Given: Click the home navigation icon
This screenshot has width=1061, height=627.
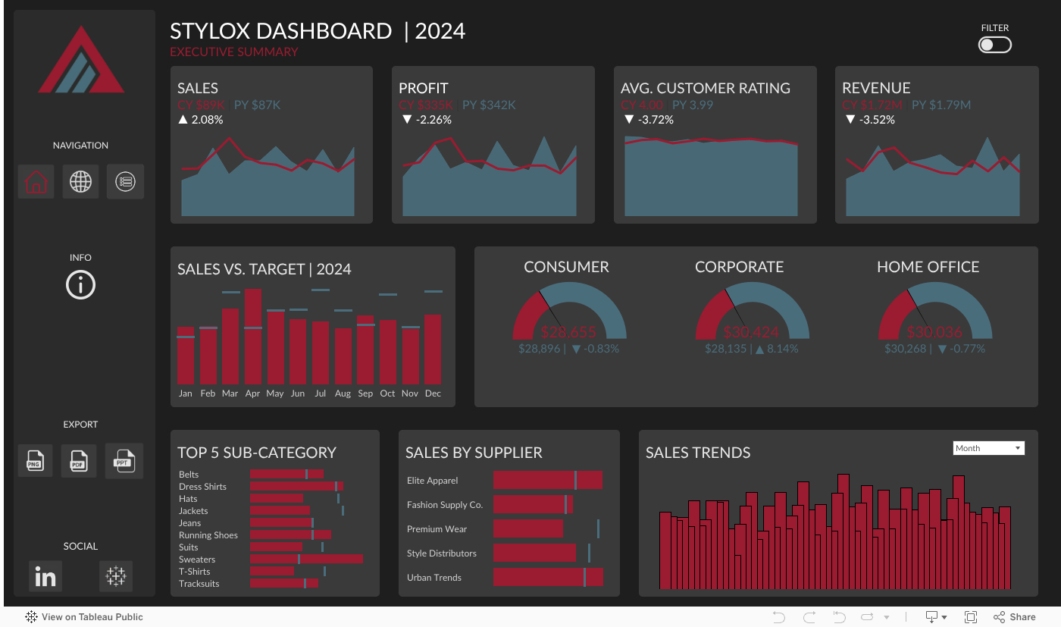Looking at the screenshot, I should tap(36, 182).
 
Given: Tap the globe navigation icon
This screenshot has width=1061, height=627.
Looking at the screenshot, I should tap(80, 182).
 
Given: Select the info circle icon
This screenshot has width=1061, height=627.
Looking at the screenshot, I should tap(80, 285).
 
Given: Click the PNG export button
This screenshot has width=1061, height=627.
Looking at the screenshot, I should tap(35, 461).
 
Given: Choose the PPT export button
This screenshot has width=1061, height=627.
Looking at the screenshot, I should tap(124, 460).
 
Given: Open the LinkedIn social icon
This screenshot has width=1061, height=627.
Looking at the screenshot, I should tap(45, 577).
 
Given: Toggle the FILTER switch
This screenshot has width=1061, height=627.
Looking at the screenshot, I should tap(994, 45).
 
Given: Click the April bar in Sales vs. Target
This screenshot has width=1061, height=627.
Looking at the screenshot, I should tap(253, 337).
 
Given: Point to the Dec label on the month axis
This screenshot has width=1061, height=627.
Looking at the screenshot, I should tap(433, 393).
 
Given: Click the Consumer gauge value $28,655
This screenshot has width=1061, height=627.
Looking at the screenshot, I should tap(568, 332).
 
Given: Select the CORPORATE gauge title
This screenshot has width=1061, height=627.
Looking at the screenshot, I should tap(739, 267).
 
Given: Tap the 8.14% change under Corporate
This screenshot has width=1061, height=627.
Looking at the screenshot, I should tap(780, 349).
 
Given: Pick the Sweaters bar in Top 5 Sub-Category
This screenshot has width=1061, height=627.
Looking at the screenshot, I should tap(306, 560).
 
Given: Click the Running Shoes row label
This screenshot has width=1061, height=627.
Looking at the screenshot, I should tap(208, 535).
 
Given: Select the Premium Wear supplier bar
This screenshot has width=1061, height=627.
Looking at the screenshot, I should tap(528, 528).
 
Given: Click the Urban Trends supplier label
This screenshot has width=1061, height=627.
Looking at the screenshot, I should tap(434, 578).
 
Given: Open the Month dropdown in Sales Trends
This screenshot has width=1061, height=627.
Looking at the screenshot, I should tap(988, 448).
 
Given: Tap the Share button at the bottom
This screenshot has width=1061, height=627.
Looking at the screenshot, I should tap(1015, 617).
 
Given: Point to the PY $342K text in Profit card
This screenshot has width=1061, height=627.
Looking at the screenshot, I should tap(489, 105).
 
